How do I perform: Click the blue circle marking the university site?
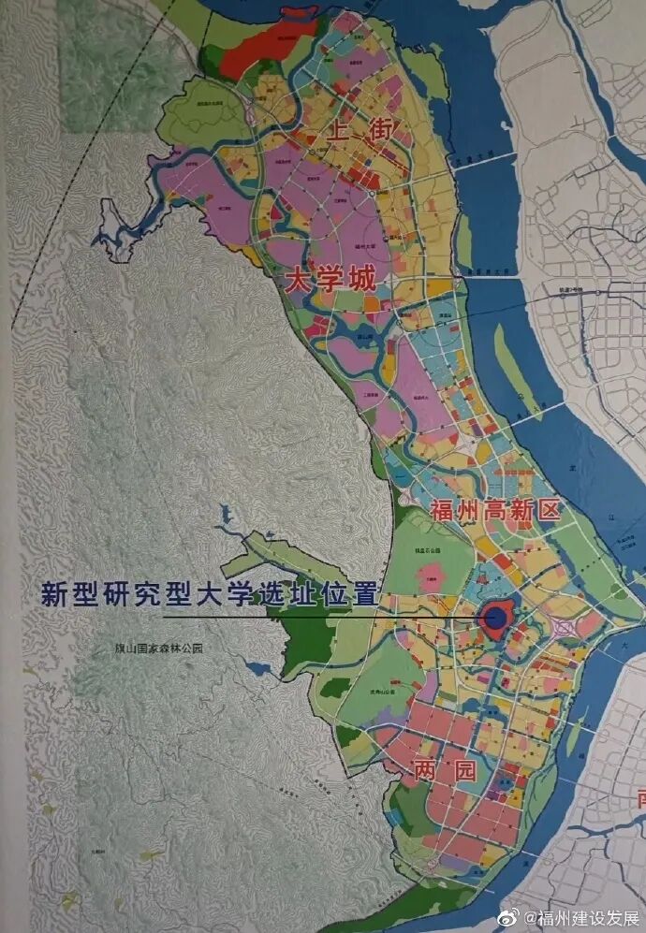pyautogui.click(x=493, y=617)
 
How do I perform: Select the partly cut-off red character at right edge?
pyautogui.click(x=640, y=798)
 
